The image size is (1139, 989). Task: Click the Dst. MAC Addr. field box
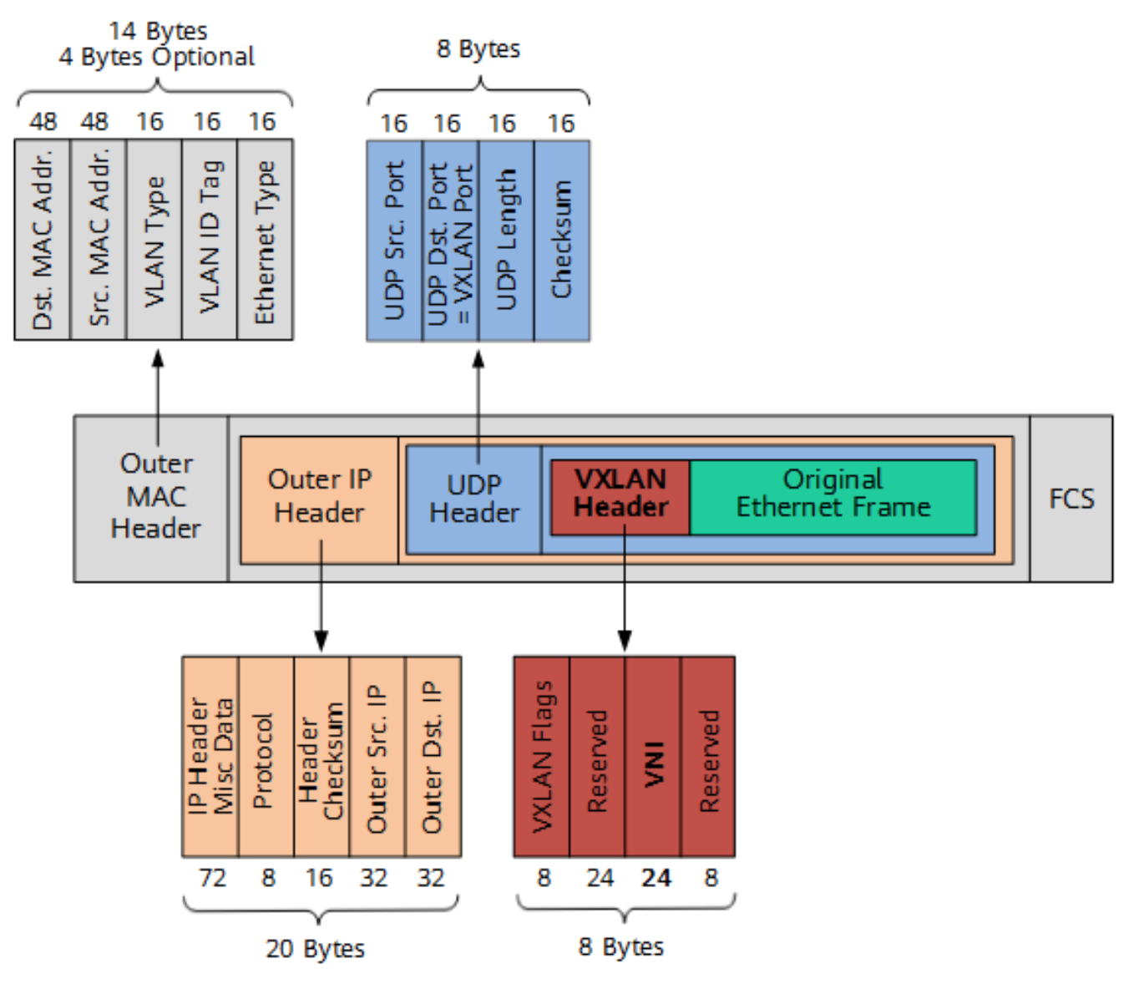(43, 240)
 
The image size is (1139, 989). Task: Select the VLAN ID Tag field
(210, 240)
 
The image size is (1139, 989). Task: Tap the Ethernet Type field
(265, 240)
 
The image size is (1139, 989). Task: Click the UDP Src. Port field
(394, 241)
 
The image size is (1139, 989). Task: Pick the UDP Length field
(506, 241)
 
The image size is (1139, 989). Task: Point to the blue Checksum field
(562, 241)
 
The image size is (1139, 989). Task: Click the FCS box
(1071, 499)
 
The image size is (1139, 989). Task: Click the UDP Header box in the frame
(473, 500)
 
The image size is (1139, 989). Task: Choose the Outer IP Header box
(319, 497)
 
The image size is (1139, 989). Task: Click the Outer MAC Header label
(155, 497)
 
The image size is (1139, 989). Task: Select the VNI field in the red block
(653, 757)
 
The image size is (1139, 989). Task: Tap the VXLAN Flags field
(542, 757)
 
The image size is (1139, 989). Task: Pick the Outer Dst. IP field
(433, 757)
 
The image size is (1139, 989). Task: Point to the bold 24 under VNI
(656, 878)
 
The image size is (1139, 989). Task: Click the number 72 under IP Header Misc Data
(212, 878)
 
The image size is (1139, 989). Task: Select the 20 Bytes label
(315, 949)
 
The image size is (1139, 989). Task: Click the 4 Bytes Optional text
(156, 57)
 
